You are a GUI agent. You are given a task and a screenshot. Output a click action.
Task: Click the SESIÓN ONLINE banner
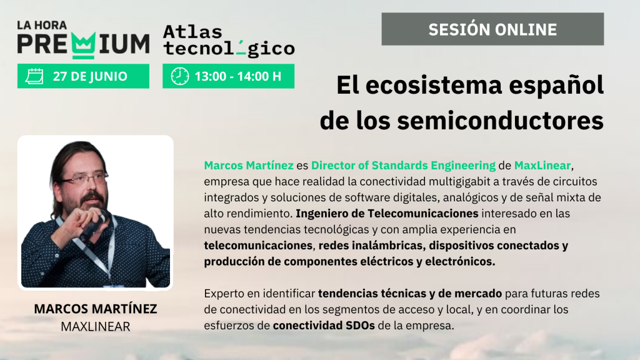[492, 29]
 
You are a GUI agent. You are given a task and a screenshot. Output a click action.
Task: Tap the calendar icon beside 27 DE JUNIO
[34, 76]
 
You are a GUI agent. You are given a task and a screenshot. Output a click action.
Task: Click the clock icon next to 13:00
[179, 76]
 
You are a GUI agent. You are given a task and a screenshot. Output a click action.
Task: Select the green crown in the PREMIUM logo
[84, 44]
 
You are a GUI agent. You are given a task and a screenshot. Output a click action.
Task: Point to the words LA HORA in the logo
[42, 25]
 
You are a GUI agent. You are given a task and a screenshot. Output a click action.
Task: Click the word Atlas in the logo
[192, 32]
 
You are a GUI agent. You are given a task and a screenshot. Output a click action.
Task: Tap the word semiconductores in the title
[500, 121]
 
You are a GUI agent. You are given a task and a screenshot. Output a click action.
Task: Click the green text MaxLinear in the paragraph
[542, 165]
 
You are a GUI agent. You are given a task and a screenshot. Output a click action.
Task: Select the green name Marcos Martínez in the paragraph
[249, 165]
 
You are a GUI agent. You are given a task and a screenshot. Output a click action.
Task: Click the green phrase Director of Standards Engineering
[403, 166]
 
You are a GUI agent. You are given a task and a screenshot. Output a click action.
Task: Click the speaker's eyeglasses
[84, 178]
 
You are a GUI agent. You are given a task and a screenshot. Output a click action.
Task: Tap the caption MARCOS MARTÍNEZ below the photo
[96, 309]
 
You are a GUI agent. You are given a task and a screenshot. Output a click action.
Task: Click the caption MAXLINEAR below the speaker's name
[96, 326]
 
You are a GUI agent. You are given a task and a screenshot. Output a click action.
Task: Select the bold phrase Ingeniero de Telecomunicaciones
[387, 214]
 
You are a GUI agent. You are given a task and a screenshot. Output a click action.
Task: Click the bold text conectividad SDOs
[324, 326]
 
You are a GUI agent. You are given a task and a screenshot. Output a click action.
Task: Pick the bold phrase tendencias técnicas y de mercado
[410, 294]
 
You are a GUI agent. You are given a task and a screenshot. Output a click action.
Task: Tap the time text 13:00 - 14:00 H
[238, 76]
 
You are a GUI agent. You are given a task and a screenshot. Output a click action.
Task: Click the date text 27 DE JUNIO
[90, 76]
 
